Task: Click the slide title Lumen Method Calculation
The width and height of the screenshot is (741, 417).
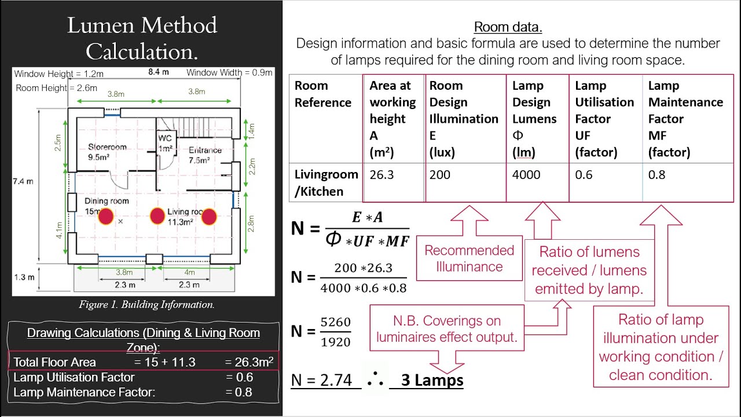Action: [x=142, y=38]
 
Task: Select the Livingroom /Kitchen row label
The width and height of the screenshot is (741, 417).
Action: [x=326, y=183]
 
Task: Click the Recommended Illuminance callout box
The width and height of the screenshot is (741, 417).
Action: [x=469, y=258]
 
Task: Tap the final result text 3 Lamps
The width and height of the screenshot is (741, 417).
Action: [x=432, y=381]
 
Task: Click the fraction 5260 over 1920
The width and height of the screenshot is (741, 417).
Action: [x=336, y=332]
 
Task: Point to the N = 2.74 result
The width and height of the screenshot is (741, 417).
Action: [x=322, y=381]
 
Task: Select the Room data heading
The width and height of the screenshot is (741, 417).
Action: [x=508, y=27]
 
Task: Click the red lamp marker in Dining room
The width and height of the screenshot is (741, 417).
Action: [x=106, y=217]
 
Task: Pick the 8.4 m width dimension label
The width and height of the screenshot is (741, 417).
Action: [x=159, y=72]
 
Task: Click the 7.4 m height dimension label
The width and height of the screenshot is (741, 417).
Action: [x=23, y=181]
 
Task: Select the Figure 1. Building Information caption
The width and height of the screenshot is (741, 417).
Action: [x=146, y=305]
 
